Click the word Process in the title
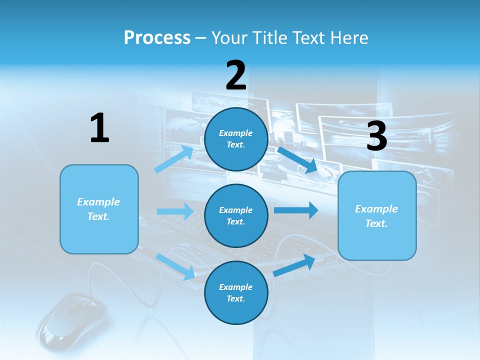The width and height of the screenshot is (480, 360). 157,38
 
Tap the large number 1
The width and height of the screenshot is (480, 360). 99,128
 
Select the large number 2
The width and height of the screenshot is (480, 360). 235,75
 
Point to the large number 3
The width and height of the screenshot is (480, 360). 376,136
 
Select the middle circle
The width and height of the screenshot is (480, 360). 236,215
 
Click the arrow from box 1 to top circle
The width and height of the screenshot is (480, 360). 174,159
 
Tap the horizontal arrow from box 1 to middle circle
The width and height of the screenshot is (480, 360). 175,211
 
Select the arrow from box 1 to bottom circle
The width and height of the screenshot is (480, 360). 175,266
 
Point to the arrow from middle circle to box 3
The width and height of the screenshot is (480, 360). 296,210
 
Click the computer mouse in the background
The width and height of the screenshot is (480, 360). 72,320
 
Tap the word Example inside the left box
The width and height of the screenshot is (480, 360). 98,202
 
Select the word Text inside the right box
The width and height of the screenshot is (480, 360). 376,223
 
